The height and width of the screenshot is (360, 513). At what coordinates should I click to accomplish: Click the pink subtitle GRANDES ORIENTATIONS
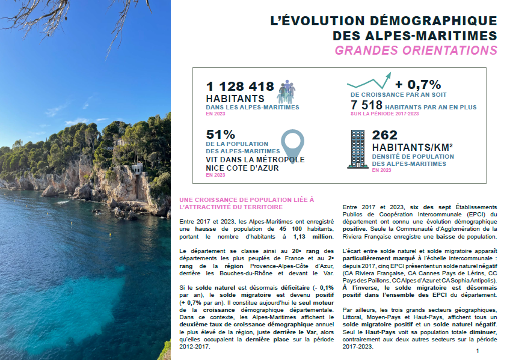coord(416,50)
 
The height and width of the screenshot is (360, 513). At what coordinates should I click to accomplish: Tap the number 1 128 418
coord(240,87)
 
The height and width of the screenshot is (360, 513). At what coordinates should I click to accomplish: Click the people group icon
coord(286,91)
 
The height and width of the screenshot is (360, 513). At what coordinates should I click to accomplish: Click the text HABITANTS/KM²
coord(412,147)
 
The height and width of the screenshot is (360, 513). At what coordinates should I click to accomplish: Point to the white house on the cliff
coord(137,169)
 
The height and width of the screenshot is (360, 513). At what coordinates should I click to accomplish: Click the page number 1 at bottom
coord(477,350)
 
